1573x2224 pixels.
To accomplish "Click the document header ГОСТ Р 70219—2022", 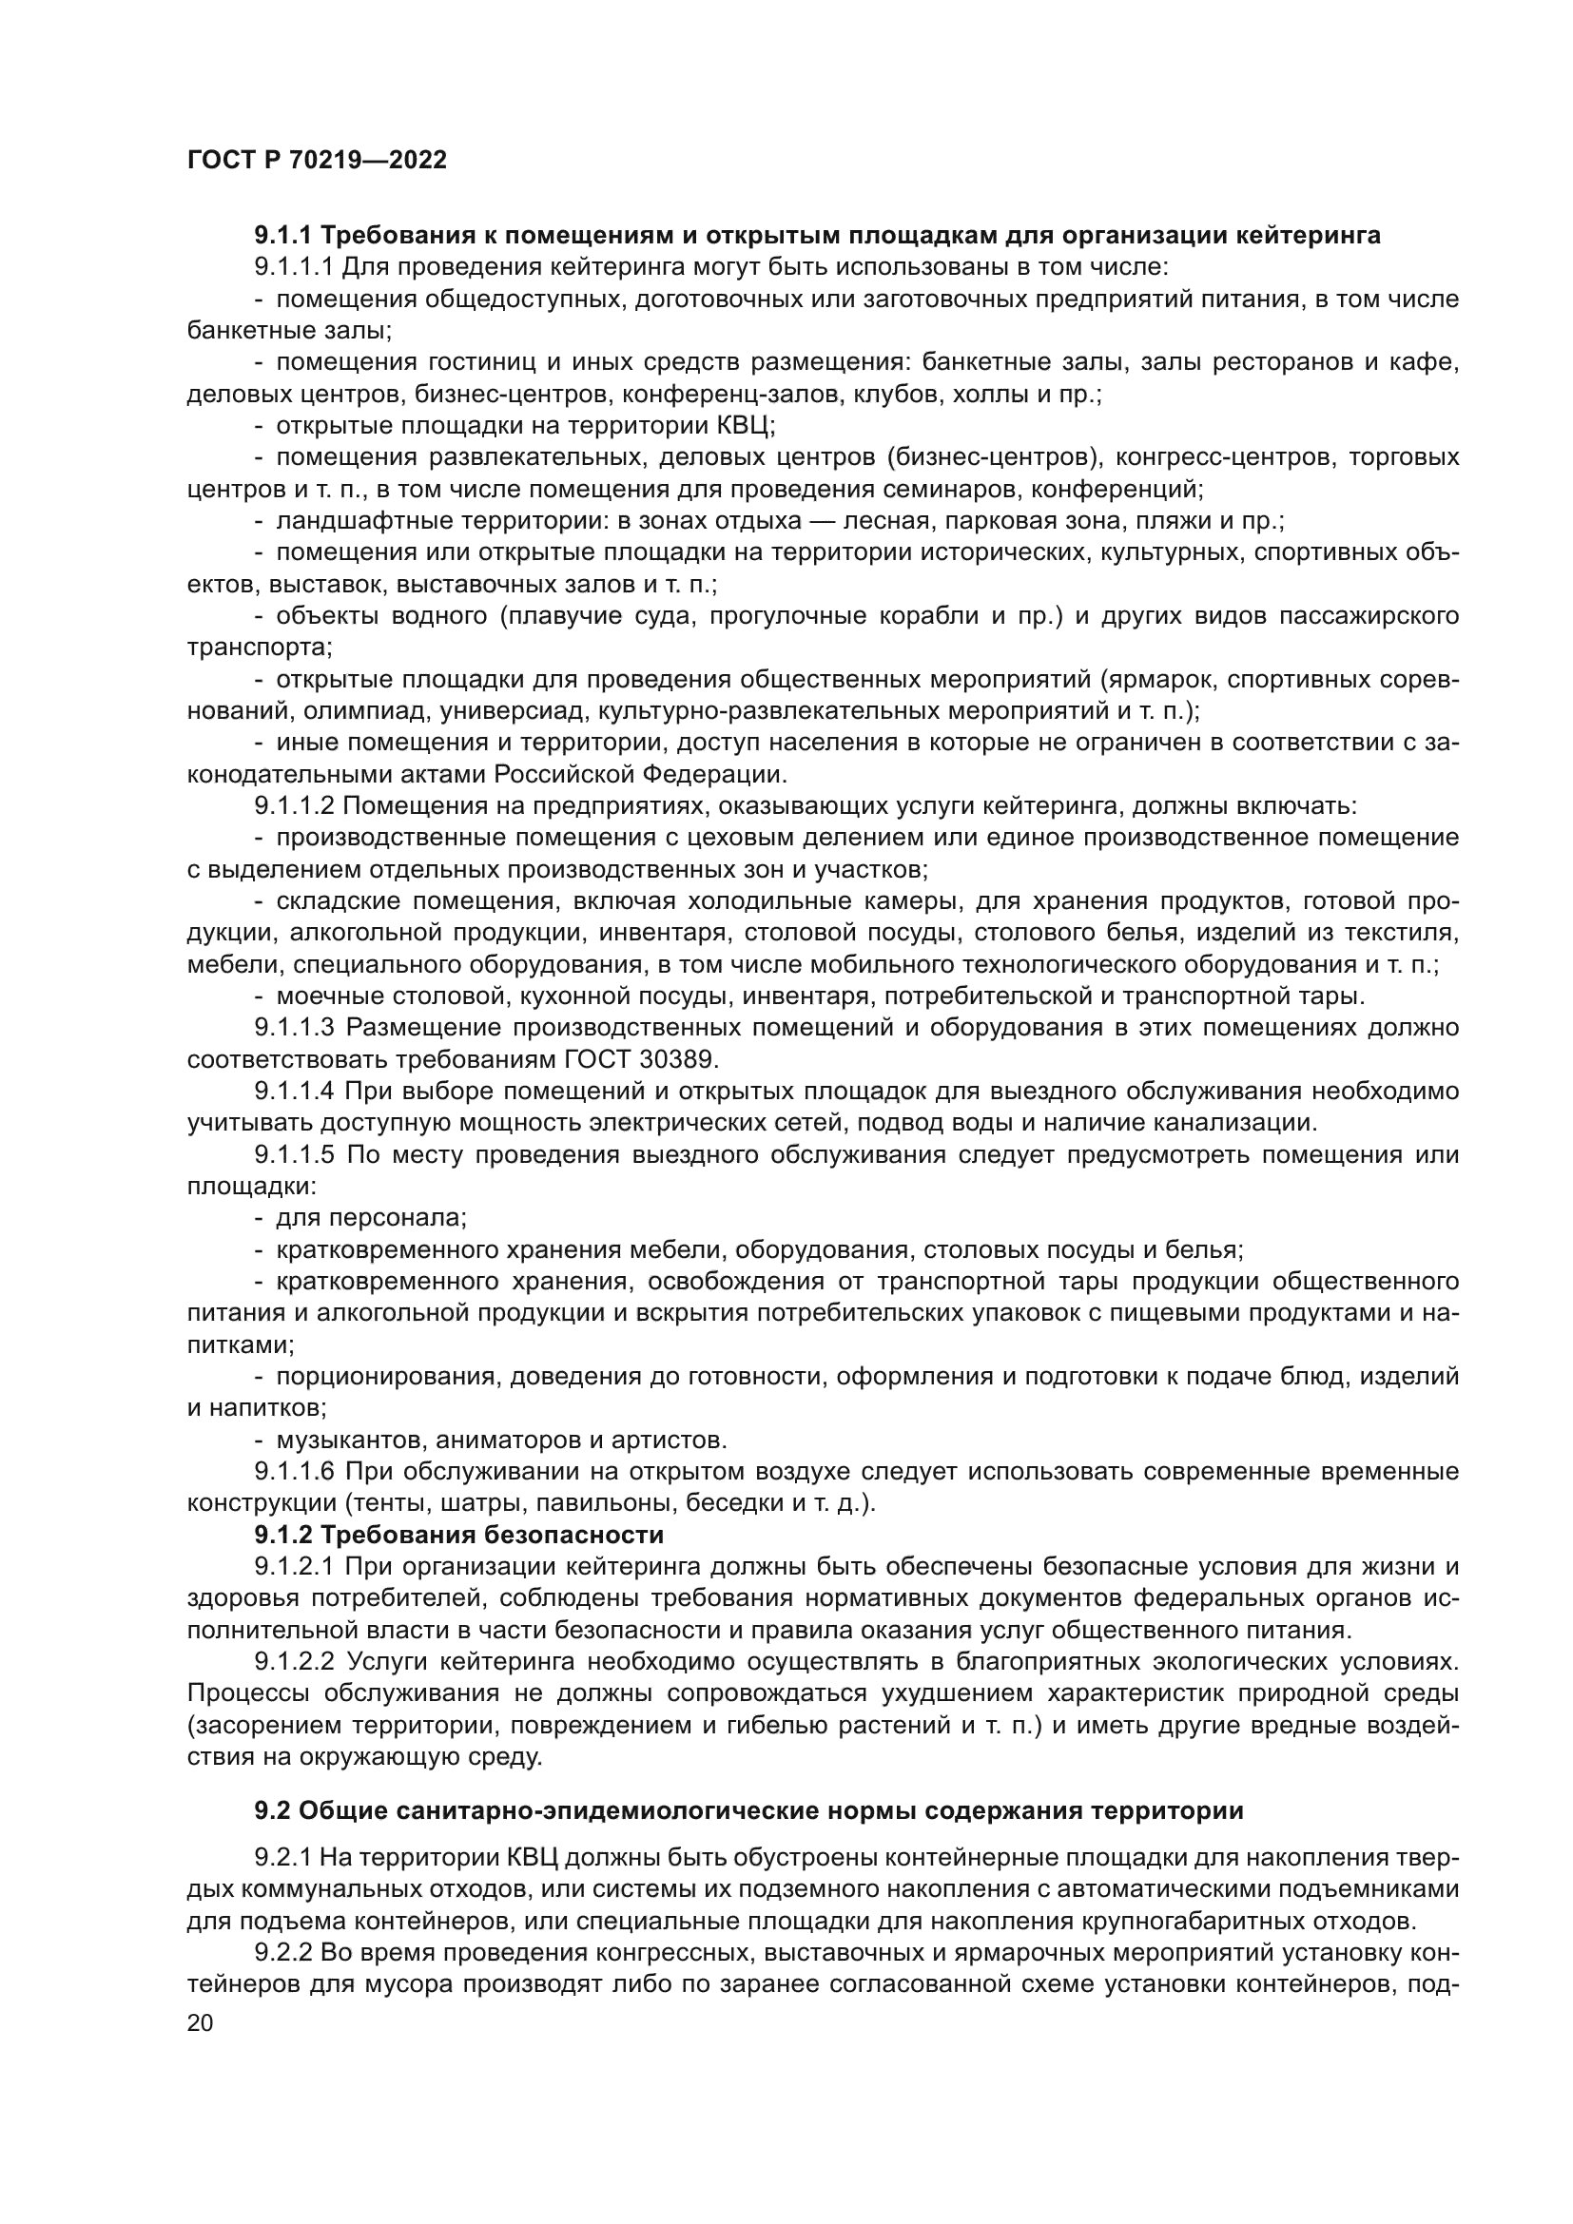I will (317, 161).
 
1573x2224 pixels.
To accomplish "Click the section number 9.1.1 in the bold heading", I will (282, 236).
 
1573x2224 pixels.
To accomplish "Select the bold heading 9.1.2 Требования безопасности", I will (459, 1536).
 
